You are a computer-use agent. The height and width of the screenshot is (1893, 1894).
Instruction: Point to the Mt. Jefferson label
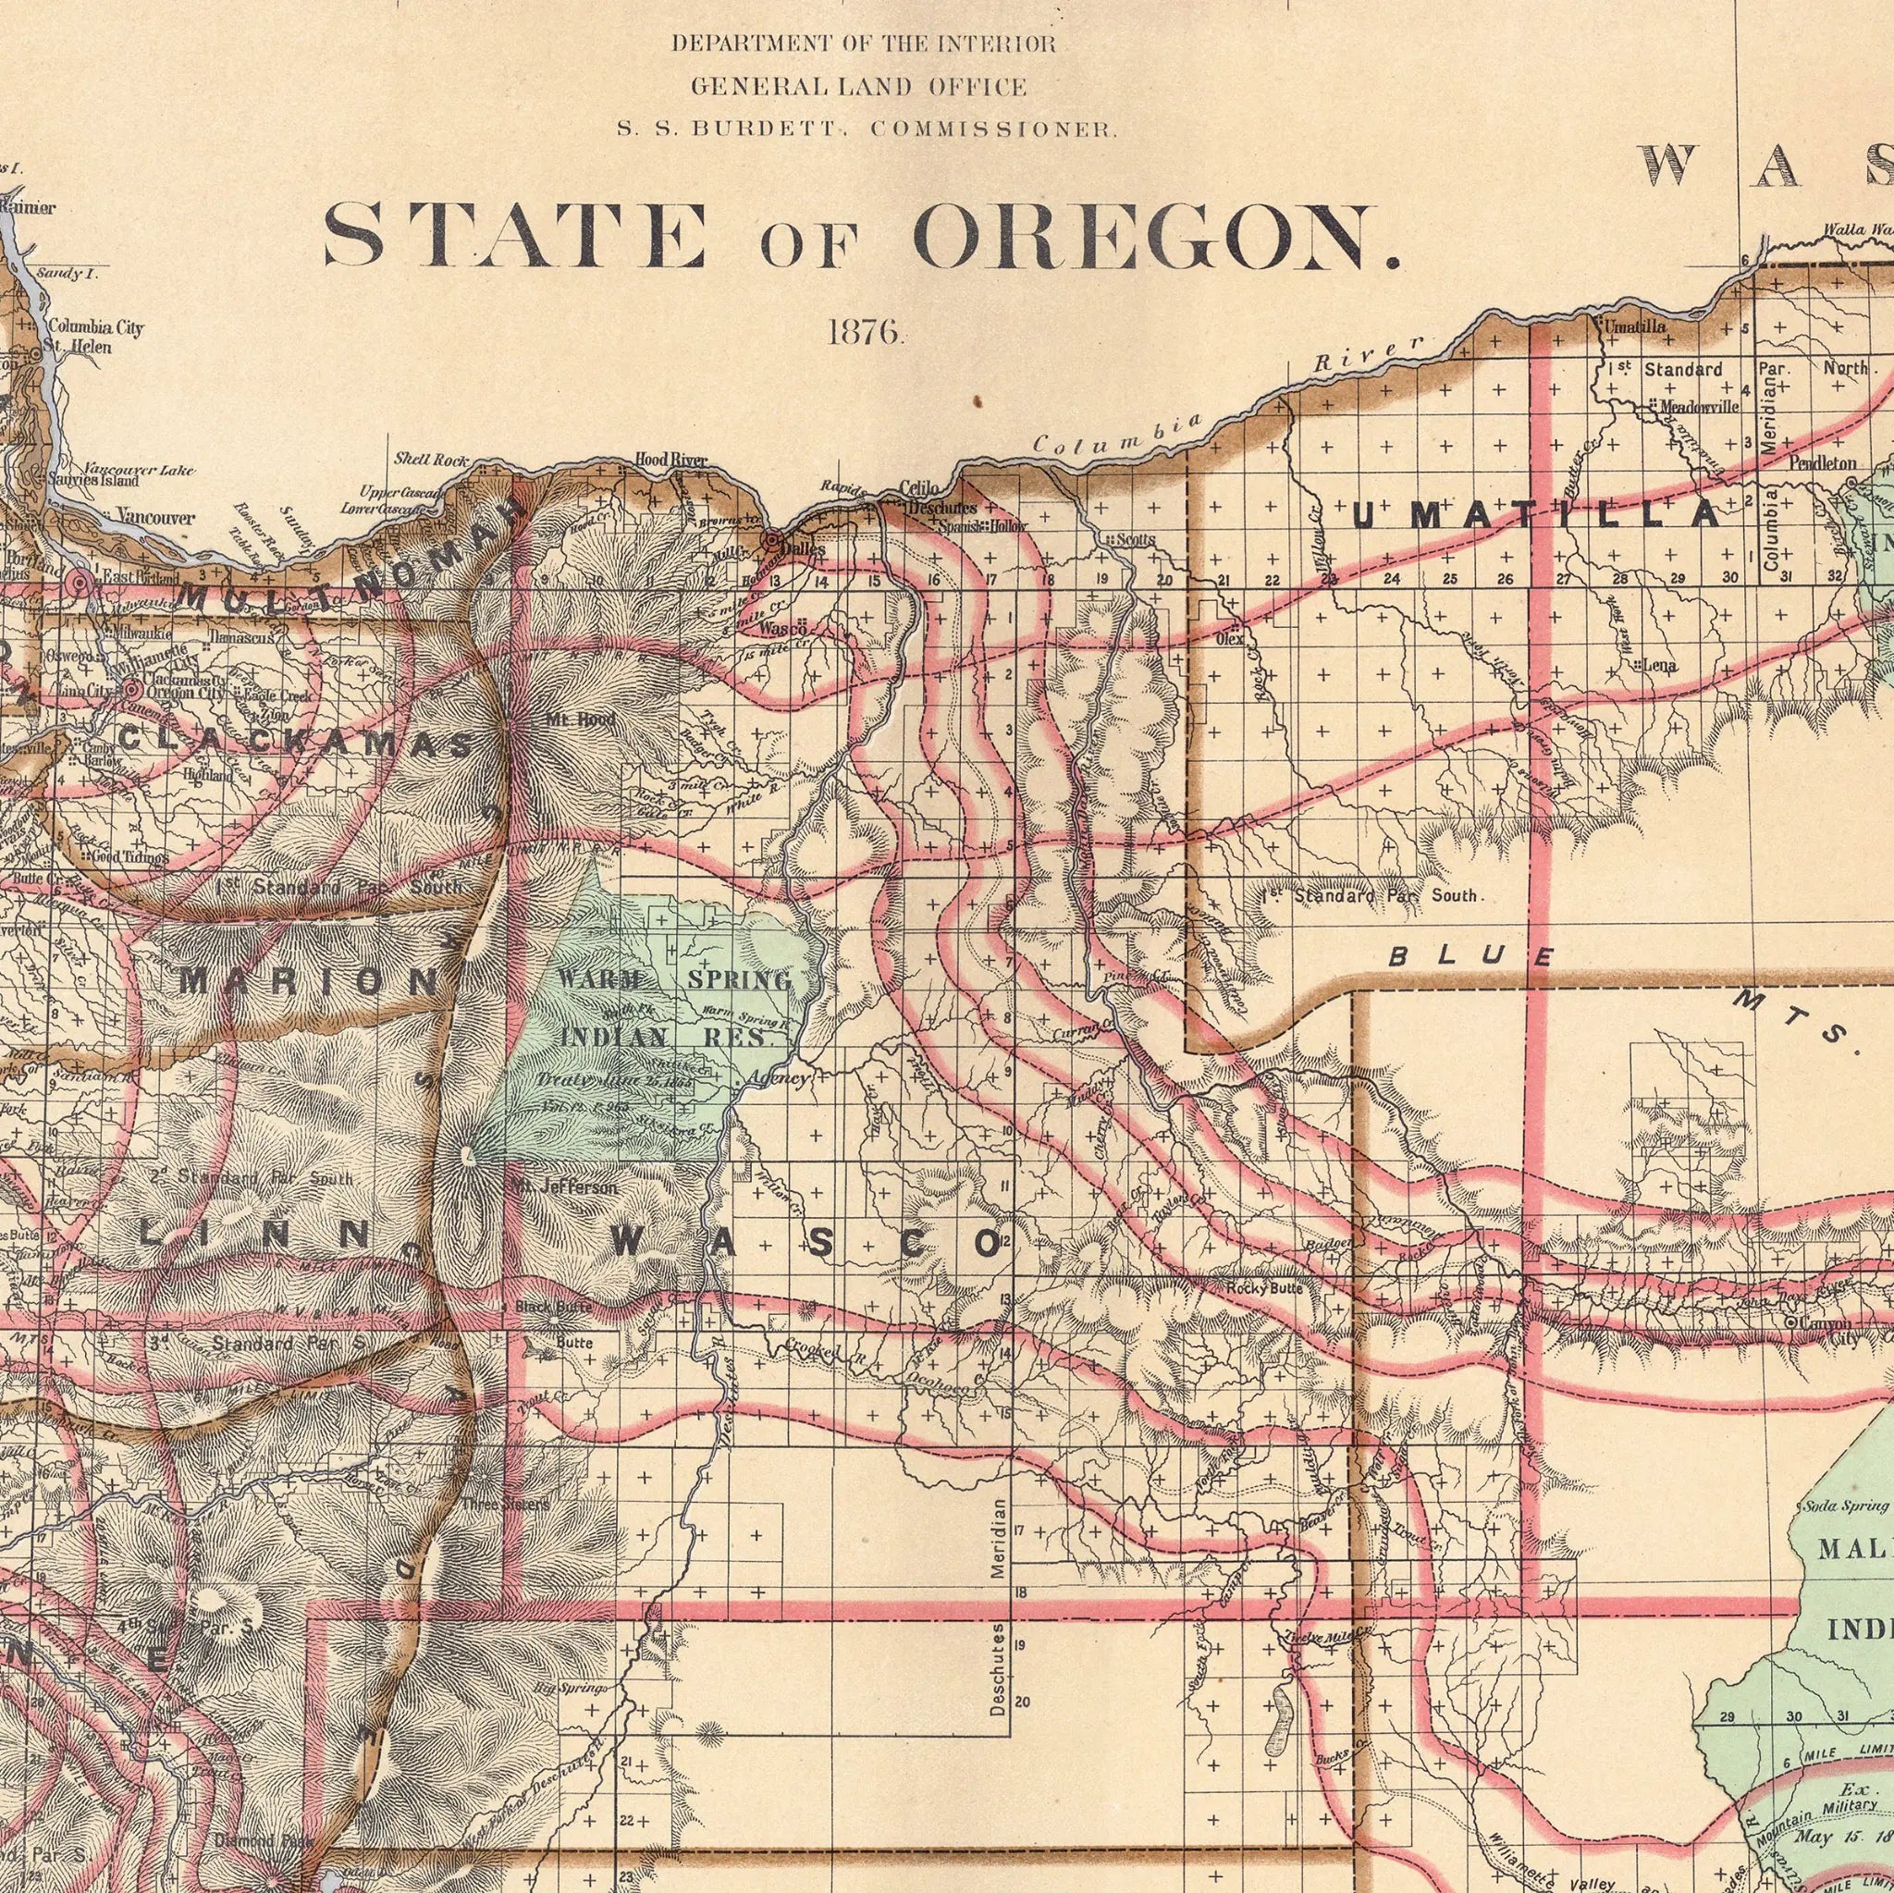565,1187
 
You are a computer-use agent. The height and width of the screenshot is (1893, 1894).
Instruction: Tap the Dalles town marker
772,540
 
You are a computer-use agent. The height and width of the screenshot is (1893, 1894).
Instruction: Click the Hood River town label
670,459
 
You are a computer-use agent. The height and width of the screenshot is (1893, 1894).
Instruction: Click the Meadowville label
1698,406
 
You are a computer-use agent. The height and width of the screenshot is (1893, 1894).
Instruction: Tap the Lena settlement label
1660,667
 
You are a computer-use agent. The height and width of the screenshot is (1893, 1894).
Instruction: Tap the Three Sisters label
505,1505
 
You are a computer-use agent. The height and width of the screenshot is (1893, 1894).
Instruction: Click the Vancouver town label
154,517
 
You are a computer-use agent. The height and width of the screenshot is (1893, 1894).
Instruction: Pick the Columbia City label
95,327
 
